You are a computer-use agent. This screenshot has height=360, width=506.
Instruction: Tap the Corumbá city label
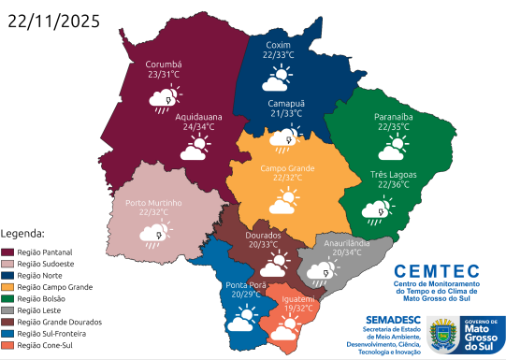tap(164, 65)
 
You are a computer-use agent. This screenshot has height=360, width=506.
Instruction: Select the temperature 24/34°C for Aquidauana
tap(197, 126)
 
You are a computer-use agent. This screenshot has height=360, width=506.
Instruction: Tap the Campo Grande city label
tap(287, 167)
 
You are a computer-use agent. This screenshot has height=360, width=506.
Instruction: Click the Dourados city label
tap(262, 235)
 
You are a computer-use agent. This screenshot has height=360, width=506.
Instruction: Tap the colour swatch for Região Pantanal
tap(8, 252)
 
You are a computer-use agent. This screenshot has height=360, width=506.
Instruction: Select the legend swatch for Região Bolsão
tap(8, 298)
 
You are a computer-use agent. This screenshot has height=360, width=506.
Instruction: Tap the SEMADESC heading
tap(383, 319)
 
